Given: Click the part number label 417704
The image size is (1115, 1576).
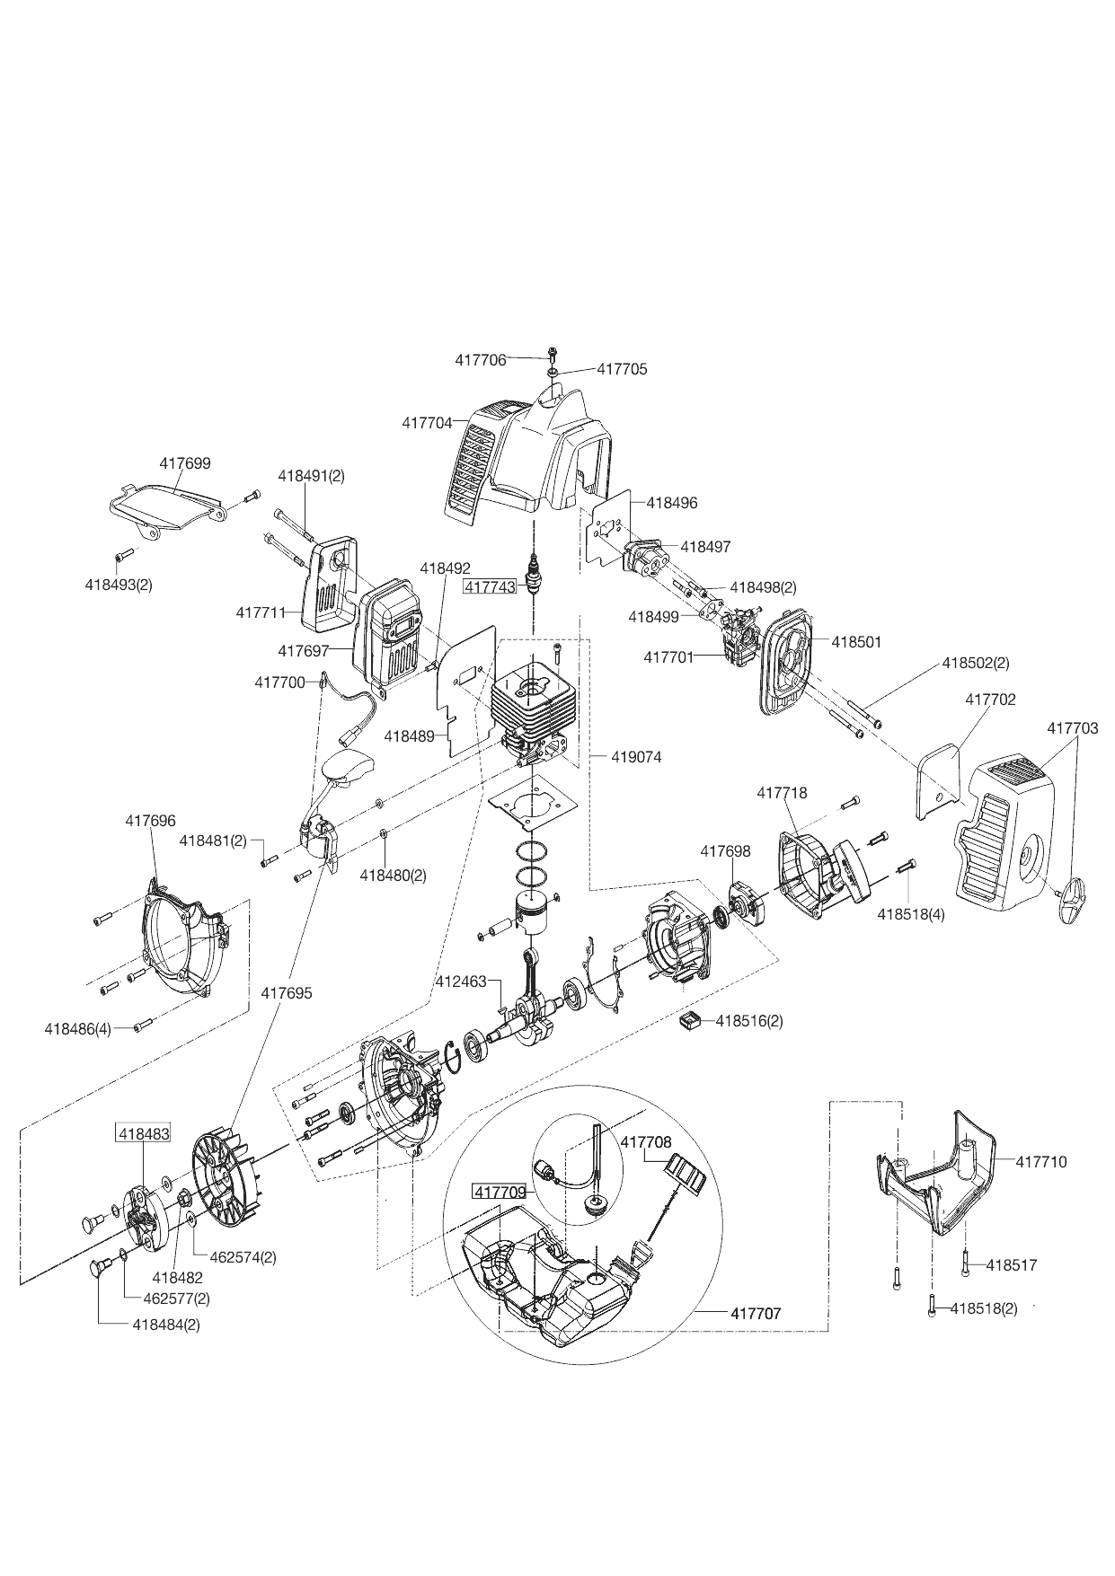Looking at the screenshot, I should point(427,423).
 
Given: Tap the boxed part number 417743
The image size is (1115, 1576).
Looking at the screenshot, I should point(491,587).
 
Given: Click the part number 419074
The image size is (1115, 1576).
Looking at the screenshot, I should point(636,757).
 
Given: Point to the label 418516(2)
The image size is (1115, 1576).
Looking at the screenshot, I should point(749,1021).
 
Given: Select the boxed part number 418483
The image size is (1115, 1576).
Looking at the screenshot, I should point(144,1134).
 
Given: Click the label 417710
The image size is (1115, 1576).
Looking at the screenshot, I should point(1041,1161).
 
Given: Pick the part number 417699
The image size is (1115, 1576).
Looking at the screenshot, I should point(185,463).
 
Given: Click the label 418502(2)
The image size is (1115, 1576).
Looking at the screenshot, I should point(976,663).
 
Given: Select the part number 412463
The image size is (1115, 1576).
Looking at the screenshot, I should point(460,981).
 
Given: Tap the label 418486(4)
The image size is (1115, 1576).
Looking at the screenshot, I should point(77,1029).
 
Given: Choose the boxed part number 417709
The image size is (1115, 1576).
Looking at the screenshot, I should point(500,1193).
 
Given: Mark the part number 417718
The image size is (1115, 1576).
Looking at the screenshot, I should point(782,793).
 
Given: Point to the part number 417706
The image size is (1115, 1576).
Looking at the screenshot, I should point(481,359).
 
